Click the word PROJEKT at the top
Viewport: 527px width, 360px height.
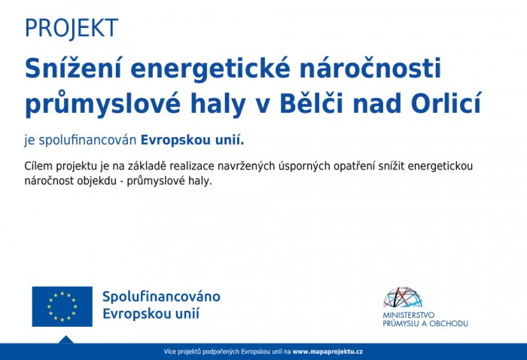click(x=72, y=28)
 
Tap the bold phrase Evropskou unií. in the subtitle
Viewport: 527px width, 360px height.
click(x=192, y=140)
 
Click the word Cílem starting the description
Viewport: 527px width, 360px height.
click(x=39, y=166)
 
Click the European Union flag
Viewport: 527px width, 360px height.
click(x=62, y=307)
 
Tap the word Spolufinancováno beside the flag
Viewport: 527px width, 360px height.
click(x=161, y=297)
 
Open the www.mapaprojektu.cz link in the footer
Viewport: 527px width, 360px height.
click(x=327, y=352)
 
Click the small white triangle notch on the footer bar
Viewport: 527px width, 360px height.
click(x=65, y=340)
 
